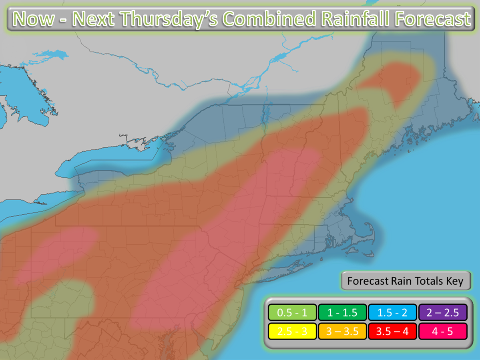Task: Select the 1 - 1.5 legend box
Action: coord(343,312)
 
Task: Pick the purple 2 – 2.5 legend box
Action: coord(442,312)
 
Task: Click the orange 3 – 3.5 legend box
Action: coord(343,332)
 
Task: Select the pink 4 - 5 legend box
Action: coord(442,332)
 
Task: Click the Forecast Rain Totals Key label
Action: coord(405,281)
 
